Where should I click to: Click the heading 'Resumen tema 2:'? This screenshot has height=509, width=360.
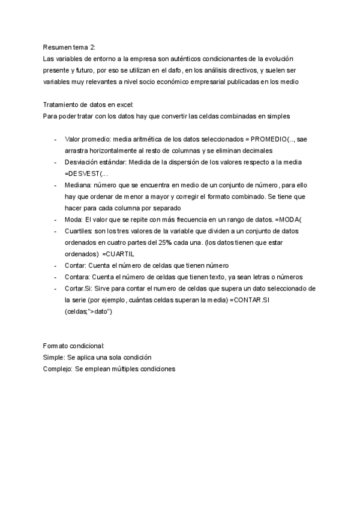(x=69, y=47)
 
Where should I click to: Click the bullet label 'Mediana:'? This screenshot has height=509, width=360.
(x=79, y=185)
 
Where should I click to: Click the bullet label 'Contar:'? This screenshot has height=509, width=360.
(x=77, y=265)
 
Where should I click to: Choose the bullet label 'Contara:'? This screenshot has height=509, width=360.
(x=79, y=277)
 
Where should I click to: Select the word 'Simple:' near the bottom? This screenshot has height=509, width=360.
(x=55, y=357)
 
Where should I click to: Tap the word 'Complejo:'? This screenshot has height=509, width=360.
(x=58, y=369)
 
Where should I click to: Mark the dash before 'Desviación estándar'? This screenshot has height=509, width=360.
(x=55, y=162)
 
